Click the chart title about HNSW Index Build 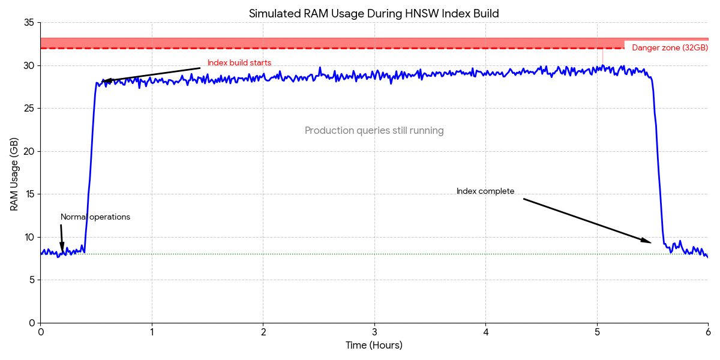[x=374, y=13]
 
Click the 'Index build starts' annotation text [x=239, y=63]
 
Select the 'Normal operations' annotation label [x=95, y=217]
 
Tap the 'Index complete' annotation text [x=485, y=191]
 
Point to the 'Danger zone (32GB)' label [x=670, y=48]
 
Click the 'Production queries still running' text [x=374, y=131]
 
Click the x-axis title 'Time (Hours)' [x=374, y=346]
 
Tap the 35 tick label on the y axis [x=29, y=23]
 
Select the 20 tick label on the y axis [x=29, y=151]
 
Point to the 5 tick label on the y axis [x=32, y=280]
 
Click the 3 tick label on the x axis [x=374, y=332]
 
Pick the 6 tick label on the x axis [x=708, y=332]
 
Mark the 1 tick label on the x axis [x=152, y=332]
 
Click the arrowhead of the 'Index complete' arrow [x=648, y=242]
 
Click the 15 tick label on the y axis [x=29, y=194]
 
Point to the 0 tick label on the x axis [x=41, y=332]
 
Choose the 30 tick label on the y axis [x=29, y=65]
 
